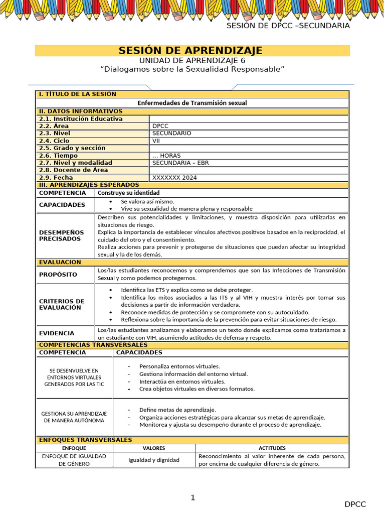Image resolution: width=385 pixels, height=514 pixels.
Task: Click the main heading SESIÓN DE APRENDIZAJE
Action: [x=190, y=50]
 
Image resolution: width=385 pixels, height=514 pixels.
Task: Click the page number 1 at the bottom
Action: [x=192, y=497]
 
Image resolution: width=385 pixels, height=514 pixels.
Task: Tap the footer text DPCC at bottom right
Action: [x=355, y=504]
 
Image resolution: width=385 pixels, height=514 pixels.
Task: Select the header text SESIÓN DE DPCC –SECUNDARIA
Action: [x=288, y=26]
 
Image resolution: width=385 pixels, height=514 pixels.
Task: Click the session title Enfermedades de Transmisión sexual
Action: [x=192, y=103]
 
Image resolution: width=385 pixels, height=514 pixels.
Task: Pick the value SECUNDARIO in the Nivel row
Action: [x=171, y=134]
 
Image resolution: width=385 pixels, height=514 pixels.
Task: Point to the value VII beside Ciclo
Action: [x=156, y=141]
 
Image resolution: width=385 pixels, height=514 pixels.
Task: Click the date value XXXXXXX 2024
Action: [x=174, y=178]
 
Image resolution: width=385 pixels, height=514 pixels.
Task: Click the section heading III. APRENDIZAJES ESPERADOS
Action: [x=89, y=185]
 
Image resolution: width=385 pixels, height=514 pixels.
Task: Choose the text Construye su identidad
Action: [x=129, y=193]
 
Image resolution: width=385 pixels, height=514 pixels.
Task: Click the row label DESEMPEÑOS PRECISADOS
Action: [x=62, y=235]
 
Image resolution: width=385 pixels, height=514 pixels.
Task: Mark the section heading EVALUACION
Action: [x=60, y=262]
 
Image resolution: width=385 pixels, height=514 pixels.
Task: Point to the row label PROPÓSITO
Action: [x=58, y=275]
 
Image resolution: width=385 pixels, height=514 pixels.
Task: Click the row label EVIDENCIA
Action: [x=57, y=333]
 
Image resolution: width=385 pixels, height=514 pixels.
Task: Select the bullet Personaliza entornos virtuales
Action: [x=179, y=366]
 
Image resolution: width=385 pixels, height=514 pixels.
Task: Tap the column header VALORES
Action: [x=154, y=448]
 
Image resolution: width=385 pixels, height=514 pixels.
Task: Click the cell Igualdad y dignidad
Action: [x=154, y=460]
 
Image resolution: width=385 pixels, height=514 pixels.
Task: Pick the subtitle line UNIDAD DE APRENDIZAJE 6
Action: [x=192, y=60]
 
